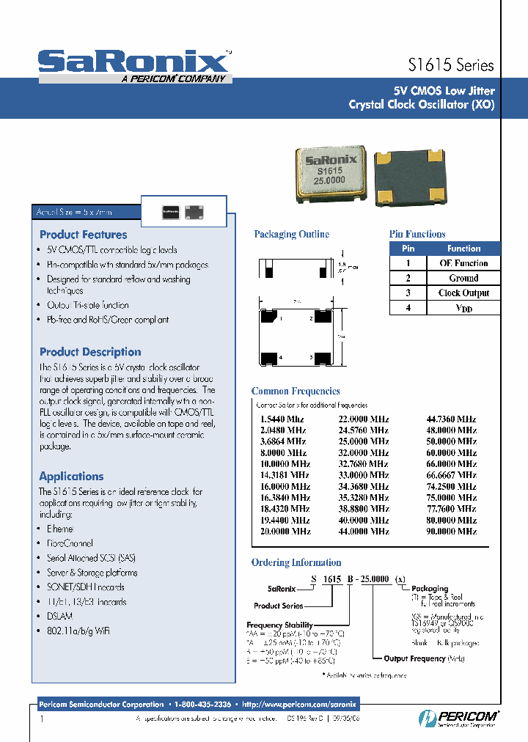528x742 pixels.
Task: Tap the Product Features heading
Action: click(x=83, y=235)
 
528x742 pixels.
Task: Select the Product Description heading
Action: click(x=90, y=352)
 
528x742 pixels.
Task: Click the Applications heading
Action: click(x=71, y=476)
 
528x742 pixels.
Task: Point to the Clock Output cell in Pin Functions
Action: click(x=463, y=293)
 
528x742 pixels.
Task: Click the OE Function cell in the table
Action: click(x=463, y=263)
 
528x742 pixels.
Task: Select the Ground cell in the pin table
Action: click(x=463, y=278)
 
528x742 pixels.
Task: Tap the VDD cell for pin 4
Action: click(x=463, y=308)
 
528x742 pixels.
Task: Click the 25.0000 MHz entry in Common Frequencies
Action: click(x=363, y=441)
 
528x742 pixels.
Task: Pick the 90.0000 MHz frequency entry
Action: click(x=451, y=531)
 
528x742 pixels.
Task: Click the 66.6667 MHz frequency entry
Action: click(x=451, y=475)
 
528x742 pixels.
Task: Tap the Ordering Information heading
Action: click(x=296, y=562)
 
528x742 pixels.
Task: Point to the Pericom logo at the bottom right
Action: click(x=459, y=717)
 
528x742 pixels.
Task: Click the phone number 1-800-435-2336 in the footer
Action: click(x=203, y=704)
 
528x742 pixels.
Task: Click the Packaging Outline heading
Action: click(x=291, y=235)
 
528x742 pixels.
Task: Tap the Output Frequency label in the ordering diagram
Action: click(x=414, y=658)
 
